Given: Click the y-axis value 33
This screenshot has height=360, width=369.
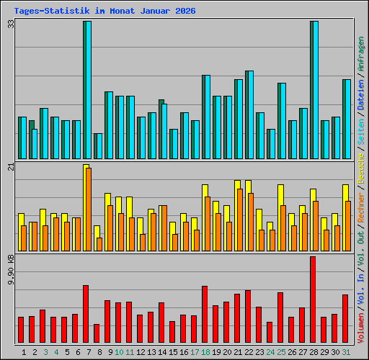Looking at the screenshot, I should tap(10, 24).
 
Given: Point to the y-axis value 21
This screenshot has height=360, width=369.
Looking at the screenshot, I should tap(10, 167).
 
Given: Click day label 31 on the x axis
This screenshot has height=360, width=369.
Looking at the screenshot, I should tap(346, 352).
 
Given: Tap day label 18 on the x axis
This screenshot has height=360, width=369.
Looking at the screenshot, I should tap(205, 352).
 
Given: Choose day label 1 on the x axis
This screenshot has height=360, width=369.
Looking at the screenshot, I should tap(25, 352).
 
